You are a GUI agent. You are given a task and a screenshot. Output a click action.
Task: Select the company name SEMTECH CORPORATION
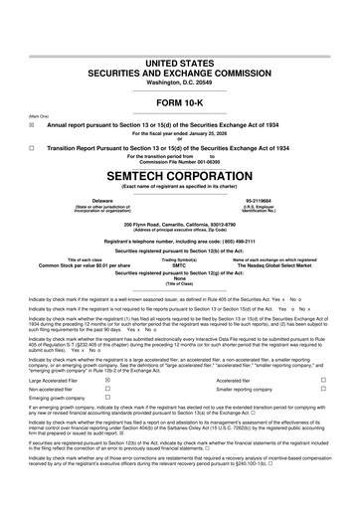pos(179,173)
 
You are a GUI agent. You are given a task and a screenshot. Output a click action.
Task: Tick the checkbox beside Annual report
pos(32,126)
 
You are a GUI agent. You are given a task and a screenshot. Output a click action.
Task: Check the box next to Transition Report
pos(32,147)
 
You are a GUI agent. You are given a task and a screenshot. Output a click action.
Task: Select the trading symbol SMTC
pos(179,266)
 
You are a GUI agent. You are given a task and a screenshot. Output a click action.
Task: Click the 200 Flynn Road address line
pos(179,224)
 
